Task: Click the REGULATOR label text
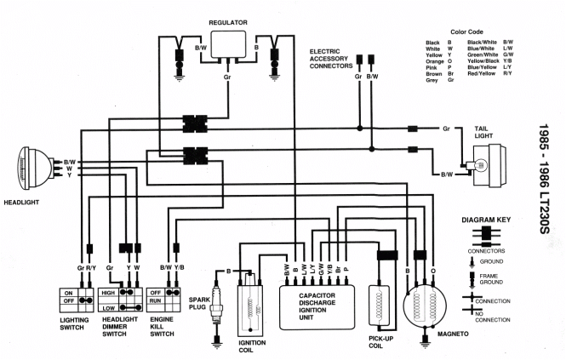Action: click(226, 20)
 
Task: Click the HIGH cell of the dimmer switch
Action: click(109, 292)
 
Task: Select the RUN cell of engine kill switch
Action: click(156, 301)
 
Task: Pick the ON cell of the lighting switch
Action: click(69, 292)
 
